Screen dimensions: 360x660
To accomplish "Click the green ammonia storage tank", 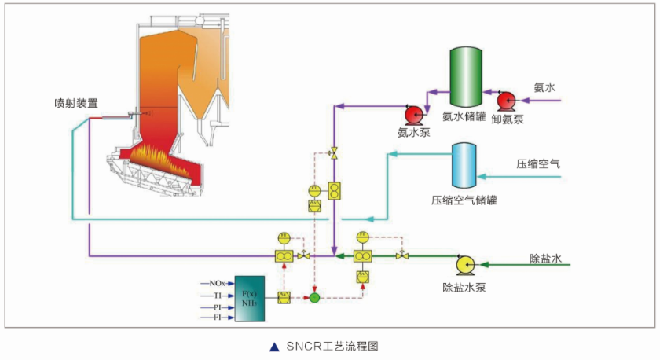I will pyautogui.click(x=464, y=77).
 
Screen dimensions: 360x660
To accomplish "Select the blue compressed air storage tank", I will pyautogui.click(x=464, y=164).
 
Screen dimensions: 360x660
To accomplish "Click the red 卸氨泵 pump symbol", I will pyautogui.click(x=504, y=100).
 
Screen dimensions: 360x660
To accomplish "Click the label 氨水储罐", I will pyautogui.click(x=464, y=117).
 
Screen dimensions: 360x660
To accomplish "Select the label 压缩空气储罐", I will pyautogui.click(x=464, y=200).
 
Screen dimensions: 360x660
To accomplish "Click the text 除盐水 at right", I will pyautogui.click(x=544, y=259).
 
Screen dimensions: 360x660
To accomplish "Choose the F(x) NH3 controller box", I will pyautogui.click(x=251, y=299).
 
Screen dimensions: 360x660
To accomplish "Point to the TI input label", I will pyautogui.click(x=218, y=295).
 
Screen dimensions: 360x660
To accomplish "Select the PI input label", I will pyautogui.click(x=218, y=307).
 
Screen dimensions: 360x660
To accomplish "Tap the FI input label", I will pyautogui.click(x=218, y=318).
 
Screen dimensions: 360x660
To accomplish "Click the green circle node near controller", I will pyautogui.click(x=314, y=298).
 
